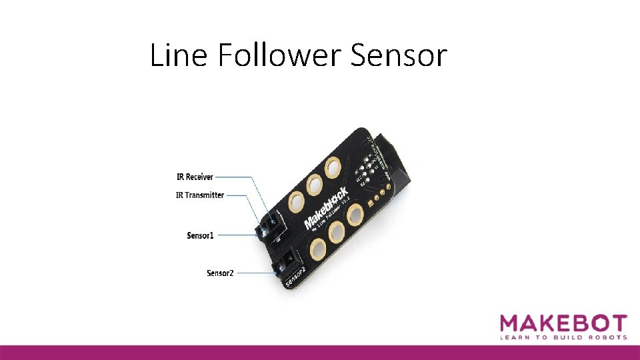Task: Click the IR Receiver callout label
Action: (x=195, y=177)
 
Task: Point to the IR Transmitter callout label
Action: (x=200, y=195)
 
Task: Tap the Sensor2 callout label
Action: (x=220, y=273)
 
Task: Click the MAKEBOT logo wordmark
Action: (x=563, y=324)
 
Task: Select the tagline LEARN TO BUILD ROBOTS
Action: (x=563, y=338)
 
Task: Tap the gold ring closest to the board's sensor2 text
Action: (x=317, y=251)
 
